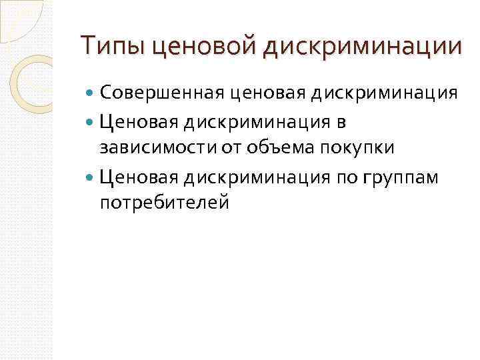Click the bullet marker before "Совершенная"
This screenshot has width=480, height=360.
90,94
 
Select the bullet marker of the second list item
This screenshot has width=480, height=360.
90,122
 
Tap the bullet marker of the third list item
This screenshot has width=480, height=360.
90,177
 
